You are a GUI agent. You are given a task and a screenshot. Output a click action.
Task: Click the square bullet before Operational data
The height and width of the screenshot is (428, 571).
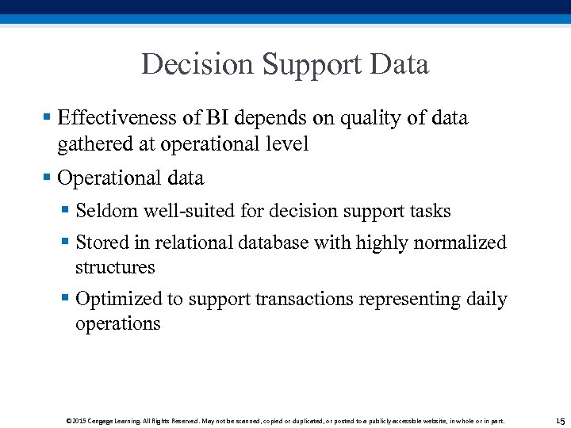pos(48,178)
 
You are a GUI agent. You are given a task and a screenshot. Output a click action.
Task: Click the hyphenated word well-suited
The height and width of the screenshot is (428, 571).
pos(179,211)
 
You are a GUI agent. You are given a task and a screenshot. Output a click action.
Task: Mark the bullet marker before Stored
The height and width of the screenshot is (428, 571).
pos(66,243)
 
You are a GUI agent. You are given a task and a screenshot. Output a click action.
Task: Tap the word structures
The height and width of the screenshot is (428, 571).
pos(115,267)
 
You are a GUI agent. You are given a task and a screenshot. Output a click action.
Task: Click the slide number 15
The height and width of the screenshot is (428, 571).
pos(560,421)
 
